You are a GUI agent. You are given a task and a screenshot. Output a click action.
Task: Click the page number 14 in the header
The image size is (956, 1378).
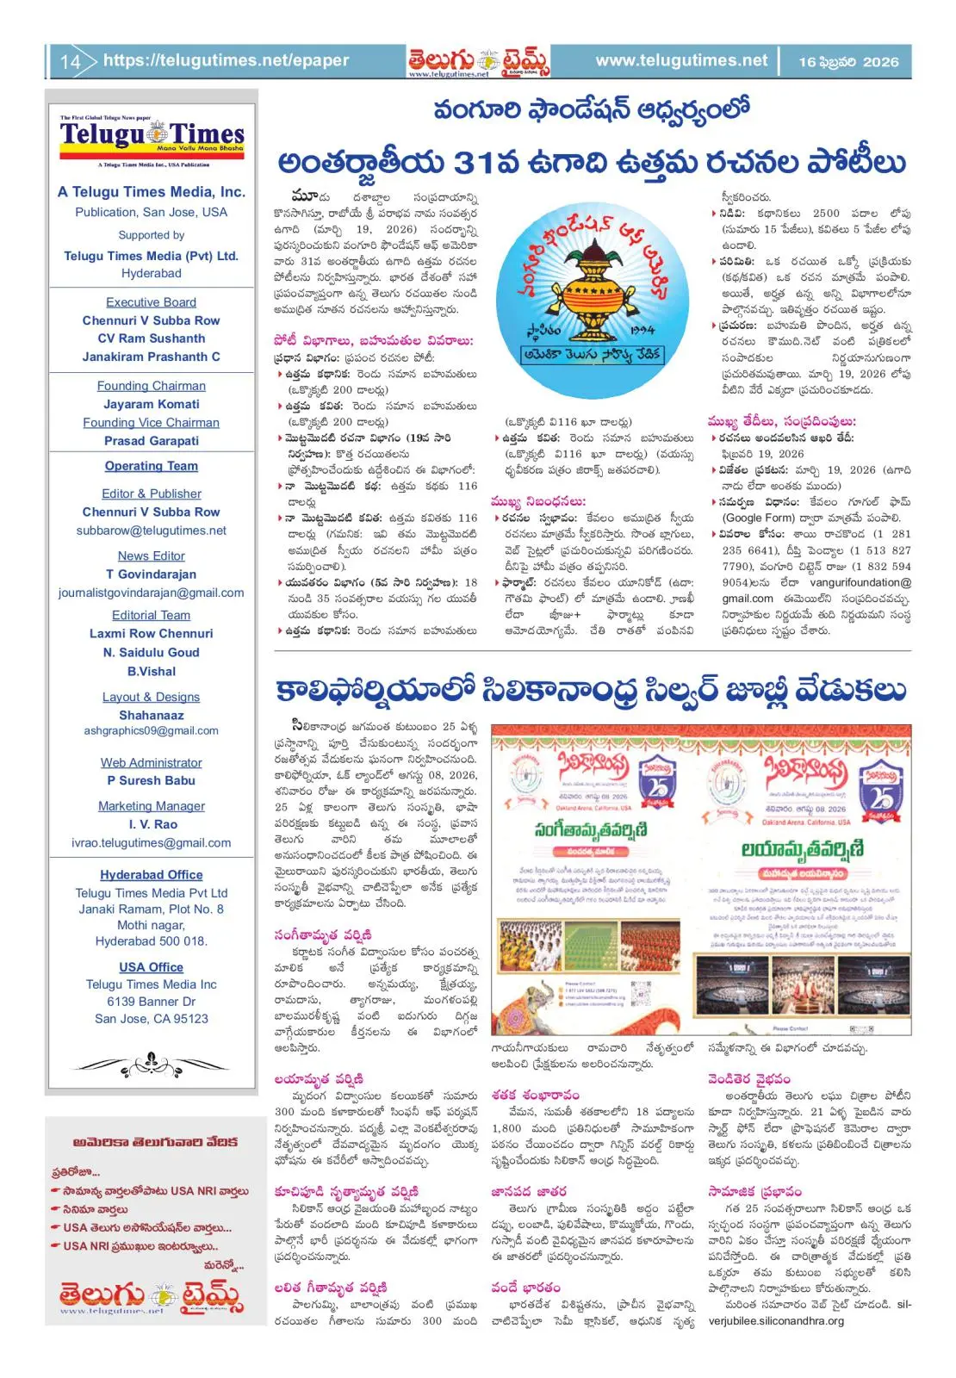70,62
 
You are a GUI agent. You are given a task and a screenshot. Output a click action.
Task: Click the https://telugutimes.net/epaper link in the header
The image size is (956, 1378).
226,60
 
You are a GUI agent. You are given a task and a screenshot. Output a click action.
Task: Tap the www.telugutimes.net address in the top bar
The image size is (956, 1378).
680,60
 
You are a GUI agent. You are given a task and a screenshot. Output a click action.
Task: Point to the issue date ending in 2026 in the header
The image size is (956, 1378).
847,62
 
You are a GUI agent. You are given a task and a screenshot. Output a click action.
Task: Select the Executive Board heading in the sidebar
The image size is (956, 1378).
151,302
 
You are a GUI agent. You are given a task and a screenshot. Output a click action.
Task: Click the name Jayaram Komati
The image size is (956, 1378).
151,404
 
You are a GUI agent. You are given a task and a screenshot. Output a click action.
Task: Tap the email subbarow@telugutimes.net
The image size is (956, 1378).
151,531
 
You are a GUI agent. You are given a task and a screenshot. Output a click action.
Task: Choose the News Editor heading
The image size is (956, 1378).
151,556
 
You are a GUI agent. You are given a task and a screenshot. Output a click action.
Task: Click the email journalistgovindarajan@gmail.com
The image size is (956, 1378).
151,593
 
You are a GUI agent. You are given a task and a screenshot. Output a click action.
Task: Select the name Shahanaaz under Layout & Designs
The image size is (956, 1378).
151,715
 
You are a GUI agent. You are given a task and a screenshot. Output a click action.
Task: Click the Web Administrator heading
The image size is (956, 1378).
151,762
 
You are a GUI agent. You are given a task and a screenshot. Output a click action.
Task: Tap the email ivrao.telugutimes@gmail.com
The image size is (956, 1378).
151,843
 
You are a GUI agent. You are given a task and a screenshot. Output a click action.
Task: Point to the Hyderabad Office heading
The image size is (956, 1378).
151,874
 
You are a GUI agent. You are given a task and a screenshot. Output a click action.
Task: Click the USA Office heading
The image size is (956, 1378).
151,967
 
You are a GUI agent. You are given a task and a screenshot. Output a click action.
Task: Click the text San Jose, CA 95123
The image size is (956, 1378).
151,1019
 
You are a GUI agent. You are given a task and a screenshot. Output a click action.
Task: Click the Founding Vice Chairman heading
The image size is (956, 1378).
151,422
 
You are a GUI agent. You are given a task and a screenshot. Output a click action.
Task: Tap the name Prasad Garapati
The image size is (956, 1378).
151,441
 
